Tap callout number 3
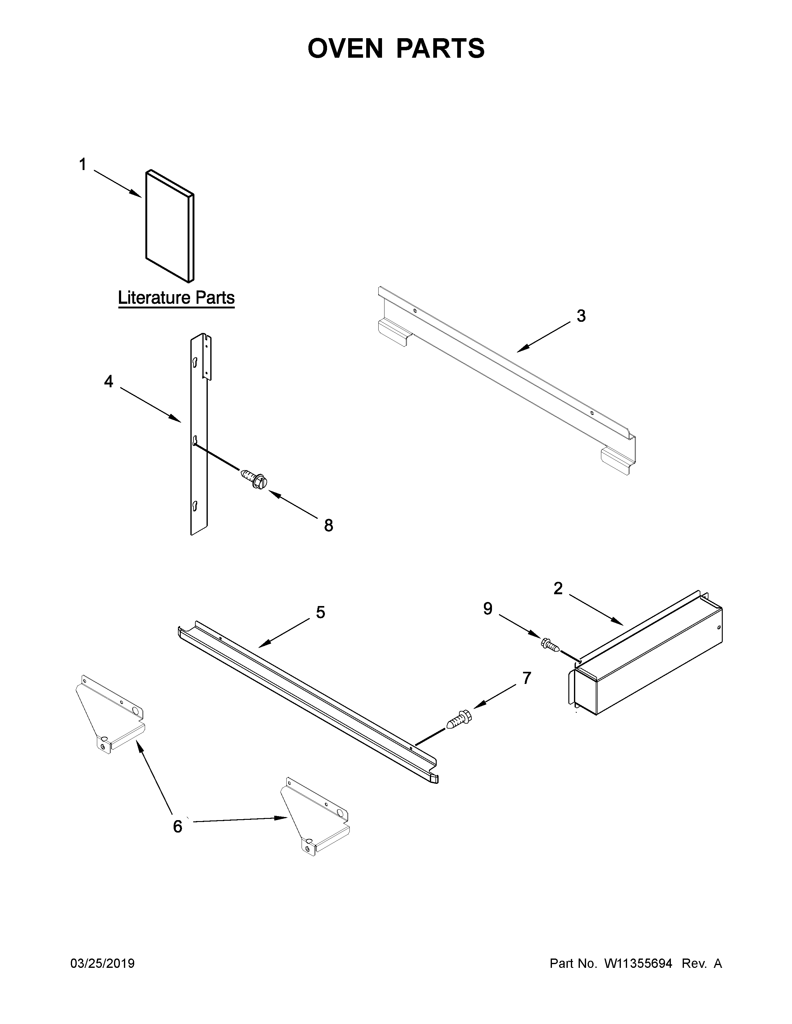tap(581, 316)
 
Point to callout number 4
tap(108, 382)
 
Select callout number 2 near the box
tap(558, 588)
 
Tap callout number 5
tap(321, 612)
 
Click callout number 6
tap(177, 826)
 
